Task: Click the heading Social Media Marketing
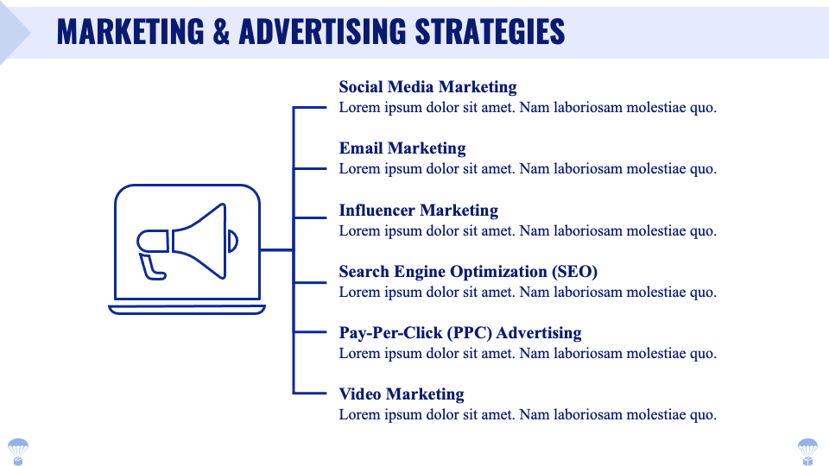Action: click(x=427, y=87)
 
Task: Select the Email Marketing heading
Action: click(x=402, y=148)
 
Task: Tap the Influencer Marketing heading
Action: click(x=419, y=211)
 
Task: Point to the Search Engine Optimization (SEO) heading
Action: click(x=468, y=272)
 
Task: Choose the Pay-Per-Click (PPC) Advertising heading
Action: click(x=460, y=333)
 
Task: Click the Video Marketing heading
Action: click(x=402, y=394)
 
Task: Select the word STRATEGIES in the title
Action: click(x=490, y=32)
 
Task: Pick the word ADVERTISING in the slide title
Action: click(x=323, y=32)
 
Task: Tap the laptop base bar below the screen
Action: click(x=187, y=310)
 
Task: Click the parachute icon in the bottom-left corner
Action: click(x=18, y=450)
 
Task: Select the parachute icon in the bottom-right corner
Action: click(x=807, y=450)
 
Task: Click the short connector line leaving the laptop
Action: click(x=276, y=250)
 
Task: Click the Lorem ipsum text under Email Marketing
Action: click(x=528, y=169)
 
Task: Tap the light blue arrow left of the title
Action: click(x=13, y=33)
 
